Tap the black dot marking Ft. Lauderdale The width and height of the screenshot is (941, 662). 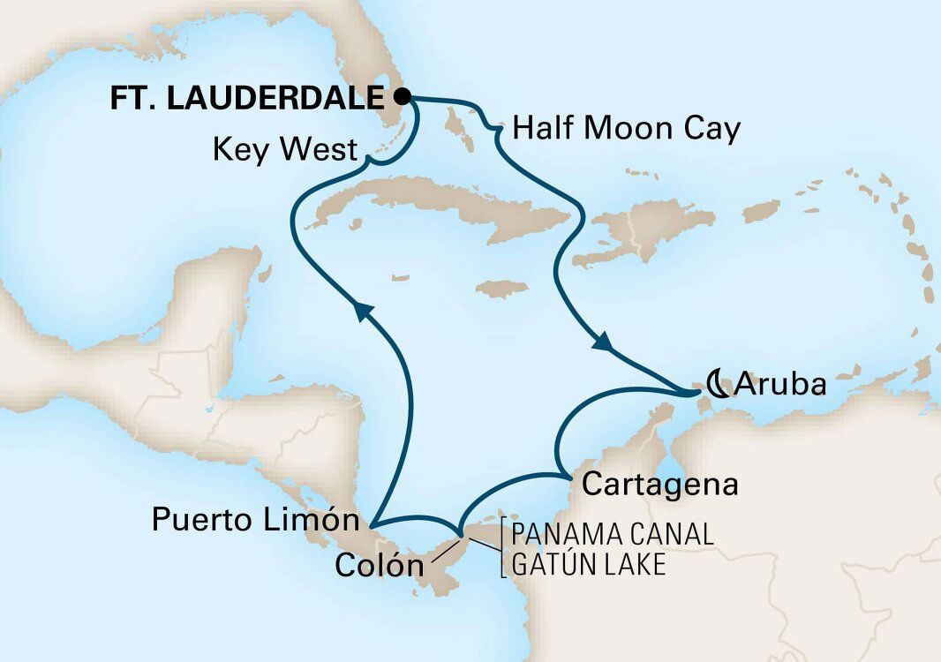point(403,96)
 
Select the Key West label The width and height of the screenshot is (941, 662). point(286,151)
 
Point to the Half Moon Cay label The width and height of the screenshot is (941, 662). point(625,131)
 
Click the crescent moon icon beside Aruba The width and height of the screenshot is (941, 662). point(717,385)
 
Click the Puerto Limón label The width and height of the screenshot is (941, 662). point(255,520)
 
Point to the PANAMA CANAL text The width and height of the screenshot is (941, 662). point(611,536)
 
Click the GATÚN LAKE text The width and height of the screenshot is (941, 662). point(588,564)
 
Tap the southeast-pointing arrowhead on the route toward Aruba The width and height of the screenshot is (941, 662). point(604,342)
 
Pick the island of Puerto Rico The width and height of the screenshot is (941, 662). point(761,211)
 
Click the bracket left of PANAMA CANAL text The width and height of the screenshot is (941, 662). point(503,549)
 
